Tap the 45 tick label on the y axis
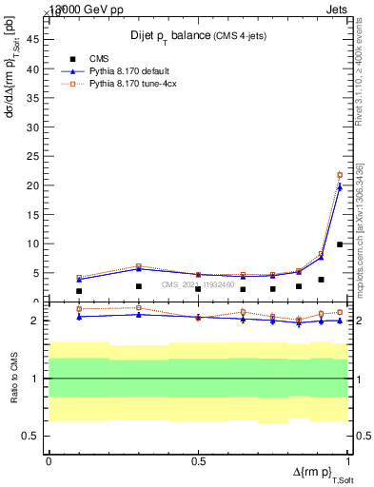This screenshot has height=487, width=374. (36, 39)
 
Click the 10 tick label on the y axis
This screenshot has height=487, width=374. (36, 243)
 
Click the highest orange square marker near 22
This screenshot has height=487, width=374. (340, 175)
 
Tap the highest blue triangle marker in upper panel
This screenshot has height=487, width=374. (340, 187)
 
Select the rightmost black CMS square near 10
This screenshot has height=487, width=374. (340, 244)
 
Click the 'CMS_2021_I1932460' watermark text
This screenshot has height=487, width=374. (197, 284)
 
